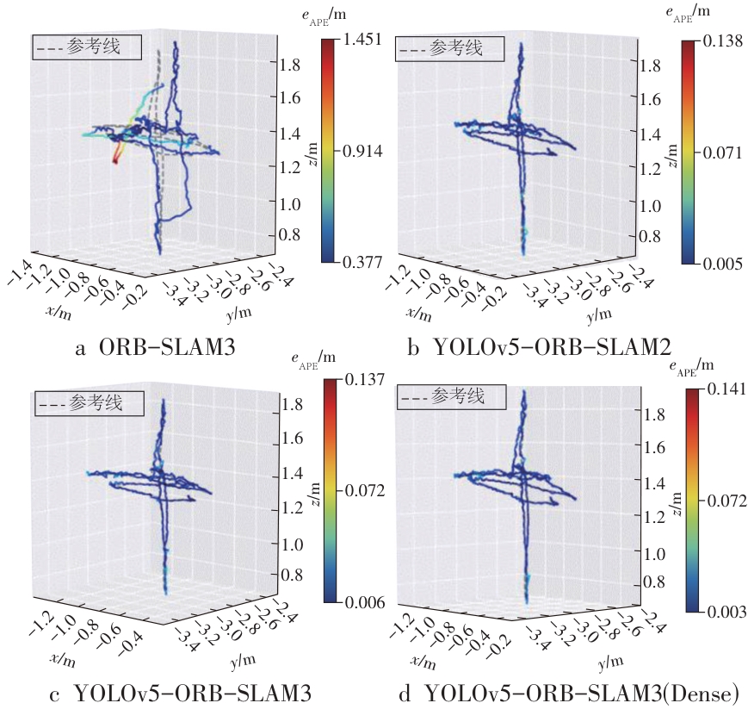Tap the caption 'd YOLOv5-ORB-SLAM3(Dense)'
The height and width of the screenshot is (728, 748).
[x=567, y=693]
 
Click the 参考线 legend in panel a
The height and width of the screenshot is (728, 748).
[x=87, y=47]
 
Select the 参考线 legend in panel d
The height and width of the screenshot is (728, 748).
[x=449, y=397]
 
